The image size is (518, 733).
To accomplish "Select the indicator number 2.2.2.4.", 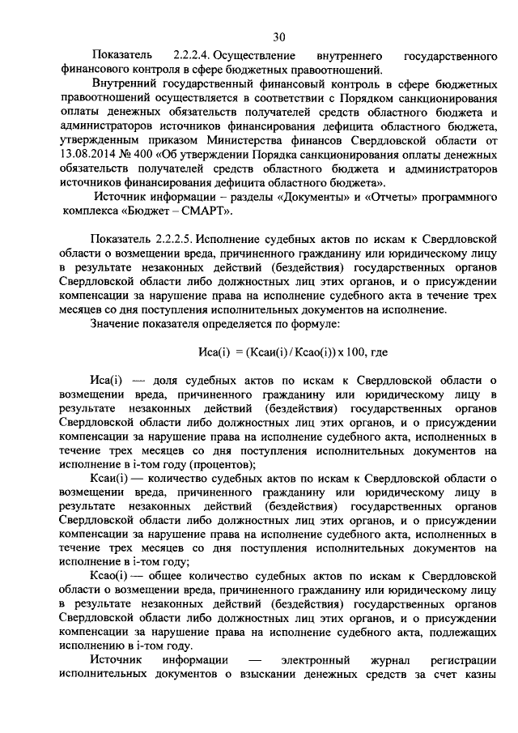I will pos(189,55).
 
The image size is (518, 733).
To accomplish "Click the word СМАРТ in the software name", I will pos(206,212).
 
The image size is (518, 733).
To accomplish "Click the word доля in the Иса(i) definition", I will pos(168,380).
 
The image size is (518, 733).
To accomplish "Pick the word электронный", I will pos(315,661).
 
